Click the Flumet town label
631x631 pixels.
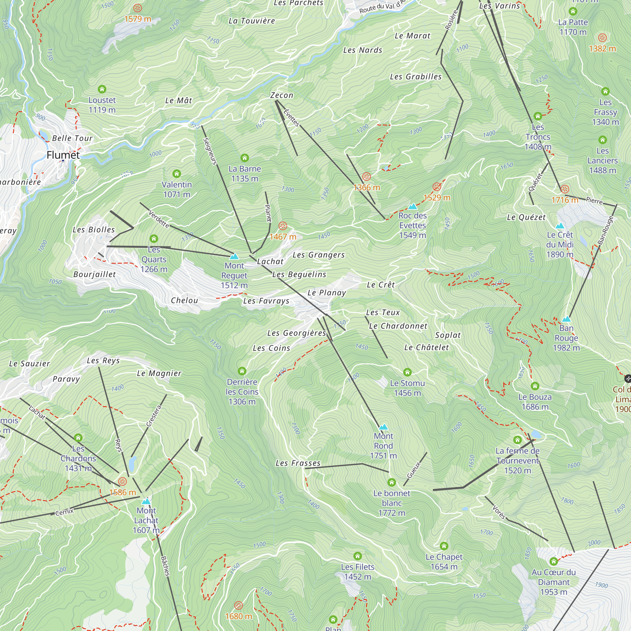63,155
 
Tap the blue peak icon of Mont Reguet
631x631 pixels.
234,257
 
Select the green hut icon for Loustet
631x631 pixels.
102,89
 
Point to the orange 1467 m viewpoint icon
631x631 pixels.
283,226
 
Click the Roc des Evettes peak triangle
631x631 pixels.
412,206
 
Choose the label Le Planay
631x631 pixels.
327,293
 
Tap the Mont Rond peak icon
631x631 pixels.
383,427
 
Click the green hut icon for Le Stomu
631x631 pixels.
407,372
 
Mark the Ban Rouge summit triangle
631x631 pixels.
566,319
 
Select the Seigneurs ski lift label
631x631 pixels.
210,151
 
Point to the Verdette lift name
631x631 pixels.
159,219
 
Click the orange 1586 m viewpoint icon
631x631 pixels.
122,481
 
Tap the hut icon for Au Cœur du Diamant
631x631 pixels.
553,561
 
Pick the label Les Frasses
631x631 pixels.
298,463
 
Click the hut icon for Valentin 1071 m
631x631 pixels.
177,174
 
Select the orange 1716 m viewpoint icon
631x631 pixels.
565,189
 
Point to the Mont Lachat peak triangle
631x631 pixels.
146,501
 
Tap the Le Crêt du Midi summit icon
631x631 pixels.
560,226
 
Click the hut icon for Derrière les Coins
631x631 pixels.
242,371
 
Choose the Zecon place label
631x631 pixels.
281,95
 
